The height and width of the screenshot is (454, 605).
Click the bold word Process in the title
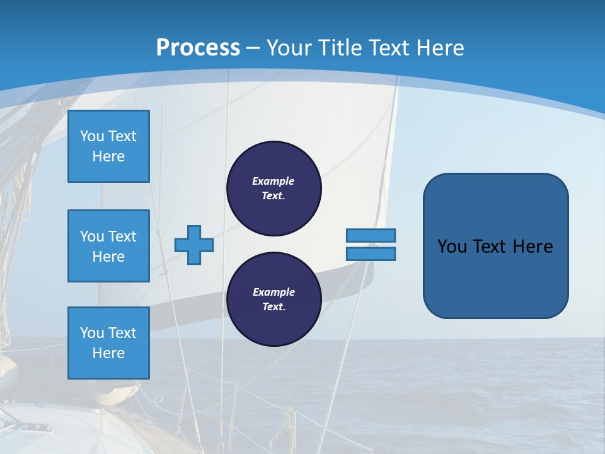198,48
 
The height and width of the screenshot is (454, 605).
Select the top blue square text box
108,146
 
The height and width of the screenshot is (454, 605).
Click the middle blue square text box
108,246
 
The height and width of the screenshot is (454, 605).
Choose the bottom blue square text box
108,343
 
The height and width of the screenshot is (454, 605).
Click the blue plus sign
193,245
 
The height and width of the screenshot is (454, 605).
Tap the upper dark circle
274,189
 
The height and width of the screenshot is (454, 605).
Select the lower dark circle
274,300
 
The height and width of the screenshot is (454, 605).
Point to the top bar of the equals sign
371,235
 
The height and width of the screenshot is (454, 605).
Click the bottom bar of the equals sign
371,254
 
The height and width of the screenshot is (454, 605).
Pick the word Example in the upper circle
274,181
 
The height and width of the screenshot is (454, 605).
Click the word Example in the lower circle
274,292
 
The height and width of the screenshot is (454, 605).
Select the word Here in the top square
108,156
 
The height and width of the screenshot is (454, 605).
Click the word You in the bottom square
91,333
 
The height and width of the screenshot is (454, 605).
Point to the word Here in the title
441,48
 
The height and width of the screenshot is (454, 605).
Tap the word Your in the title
289,48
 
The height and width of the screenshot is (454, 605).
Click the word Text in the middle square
122,236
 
